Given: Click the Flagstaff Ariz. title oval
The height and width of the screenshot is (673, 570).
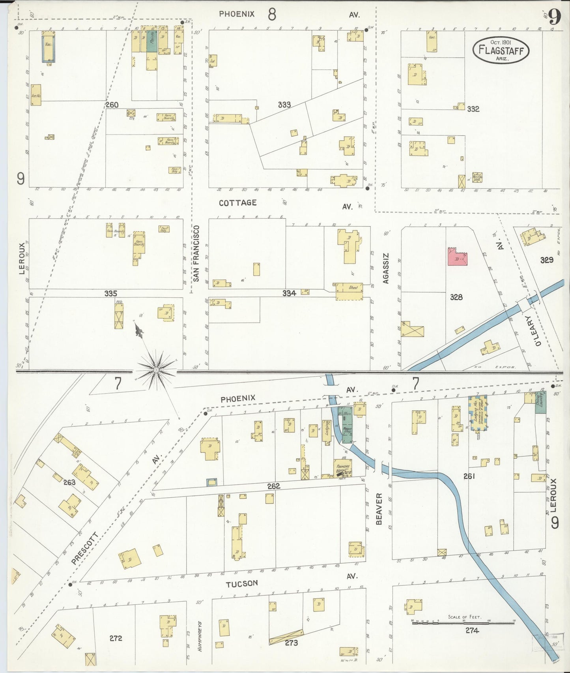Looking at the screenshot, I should (501, 50).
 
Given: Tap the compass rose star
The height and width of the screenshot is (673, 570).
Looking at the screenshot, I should (156, 369).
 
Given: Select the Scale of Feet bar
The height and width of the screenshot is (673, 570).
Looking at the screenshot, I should (464, 623).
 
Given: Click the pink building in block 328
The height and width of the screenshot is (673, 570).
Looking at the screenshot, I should (457, 257).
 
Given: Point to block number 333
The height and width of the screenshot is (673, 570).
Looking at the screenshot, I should (284, 105).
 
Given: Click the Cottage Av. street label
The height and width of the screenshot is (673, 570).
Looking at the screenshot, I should (237, 203).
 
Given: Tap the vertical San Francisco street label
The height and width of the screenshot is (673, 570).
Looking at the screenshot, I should (196, 253).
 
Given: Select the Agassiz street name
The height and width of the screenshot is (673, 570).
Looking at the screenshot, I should (386, 268).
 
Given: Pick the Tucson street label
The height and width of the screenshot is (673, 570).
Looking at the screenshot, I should (241, 583).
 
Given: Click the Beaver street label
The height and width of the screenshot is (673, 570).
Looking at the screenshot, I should (379, 508).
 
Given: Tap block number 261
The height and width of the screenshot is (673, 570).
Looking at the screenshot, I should (469, 476).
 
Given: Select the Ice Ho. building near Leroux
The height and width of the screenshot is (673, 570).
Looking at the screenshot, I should (36, 95).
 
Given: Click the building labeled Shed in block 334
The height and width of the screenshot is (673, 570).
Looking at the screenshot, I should (349, 291).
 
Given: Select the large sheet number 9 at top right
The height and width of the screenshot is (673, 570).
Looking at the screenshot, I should (555, 17).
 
